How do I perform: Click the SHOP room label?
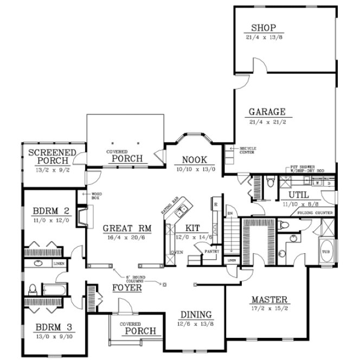[x=264, y=28]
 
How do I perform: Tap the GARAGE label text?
[x=267, y=112]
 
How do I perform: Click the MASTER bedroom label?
[x=269, y=300]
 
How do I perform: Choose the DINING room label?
[x=196, y=315]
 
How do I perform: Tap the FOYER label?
[x=127, y=288]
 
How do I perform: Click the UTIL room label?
[x=298, y=194]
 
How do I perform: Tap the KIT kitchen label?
[x=192, y=227]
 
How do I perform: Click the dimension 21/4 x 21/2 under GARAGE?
[x=267, y=122]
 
